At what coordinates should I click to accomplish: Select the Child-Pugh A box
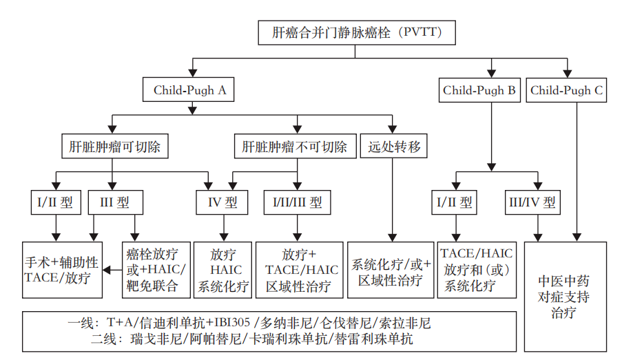(189, 90)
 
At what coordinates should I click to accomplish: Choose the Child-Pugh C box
(567, 90)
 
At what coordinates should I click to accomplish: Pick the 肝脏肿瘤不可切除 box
(296, 147)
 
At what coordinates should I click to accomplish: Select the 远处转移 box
(394, 147)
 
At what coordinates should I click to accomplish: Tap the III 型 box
(114, 202)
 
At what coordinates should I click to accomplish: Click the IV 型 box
(222, 202)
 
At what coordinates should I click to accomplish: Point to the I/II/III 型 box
(296, 202)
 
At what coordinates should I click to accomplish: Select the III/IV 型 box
(533, 202)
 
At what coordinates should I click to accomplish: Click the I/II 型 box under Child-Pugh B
(455, 202)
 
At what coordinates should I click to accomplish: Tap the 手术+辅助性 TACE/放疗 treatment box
(61, 269)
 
